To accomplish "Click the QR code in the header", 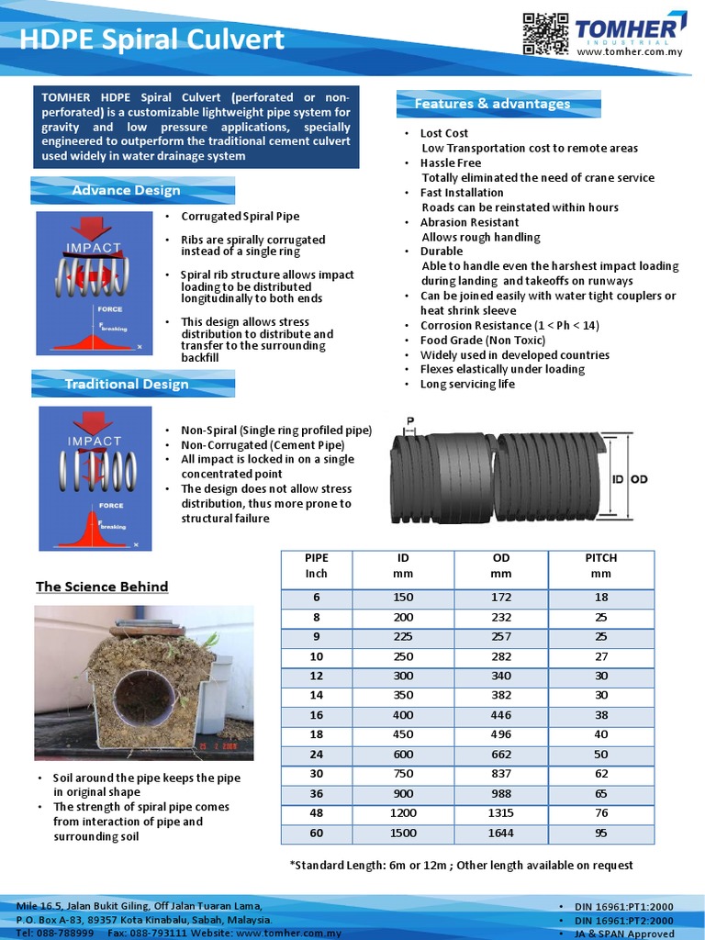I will [x=545, y=34].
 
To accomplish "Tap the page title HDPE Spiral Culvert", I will [x=151, y=39].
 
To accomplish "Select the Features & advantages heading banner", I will [x=492, y=104].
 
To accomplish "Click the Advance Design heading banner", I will [x=126, y=190].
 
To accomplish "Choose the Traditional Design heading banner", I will [x=126, y=384].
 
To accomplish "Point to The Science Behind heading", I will [x=102, y=587].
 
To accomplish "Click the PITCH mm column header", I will [x=600, y=565].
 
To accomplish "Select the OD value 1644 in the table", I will [x=500, y=833].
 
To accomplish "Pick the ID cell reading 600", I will [x=403, y=755].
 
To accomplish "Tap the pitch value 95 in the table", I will [x=600, y=833].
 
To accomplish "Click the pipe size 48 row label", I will [x=316, y=813].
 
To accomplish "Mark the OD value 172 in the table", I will [x=500, y=598].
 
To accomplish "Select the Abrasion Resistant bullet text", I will [x=469, y=222].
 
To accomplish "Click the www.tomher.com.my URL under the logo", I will [x=630, y=53].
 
